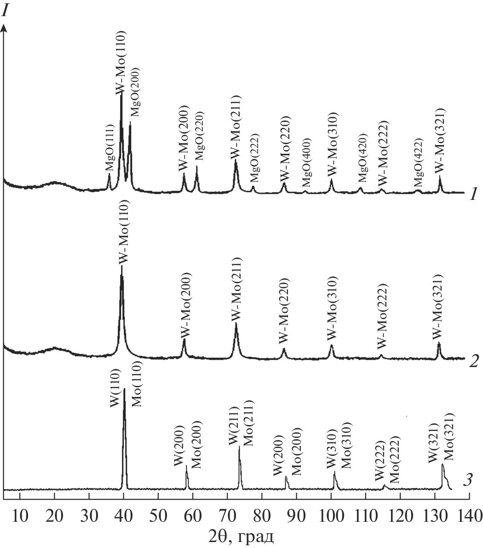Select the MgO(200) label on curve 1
pyautogui.click(x=135, y=92)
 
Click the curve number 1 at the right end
pyautogui.click(x=472, y=195)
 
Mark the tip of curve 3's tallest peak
pyautogui.click(x=124, y=389)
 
